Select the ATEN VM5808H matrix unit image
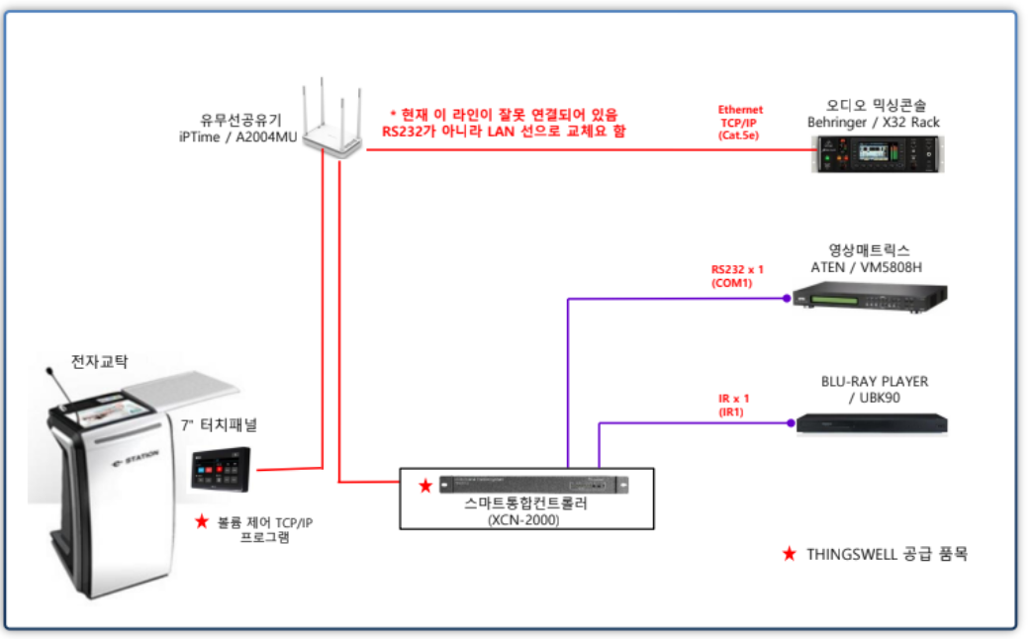click(869, 296)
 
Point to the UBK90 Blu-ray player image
click(872, 422)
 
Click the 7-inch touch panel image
click(222, 468)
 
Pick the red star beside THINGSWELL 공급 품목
click(789, 554)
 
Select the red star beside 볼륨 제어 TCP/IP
click(201, 521)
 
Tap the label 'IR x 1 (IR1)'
click(733, 405)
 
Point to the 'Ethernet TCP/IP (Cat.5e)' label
click(740, 122)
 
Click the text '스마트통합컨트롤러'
click(523, 503)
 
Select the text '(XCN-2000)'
click(523, 519)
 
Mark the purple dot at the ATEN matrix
click(787, 298)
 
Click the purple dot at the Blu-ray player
click(790, 423)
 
